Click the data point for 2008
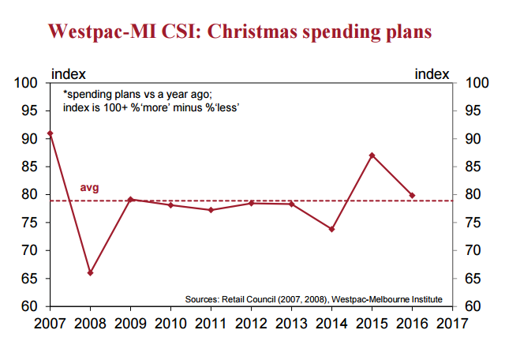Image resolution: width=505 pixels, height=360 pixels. coord(90,272)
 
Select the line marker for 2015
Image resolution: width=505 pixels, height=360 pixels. coord(372,155)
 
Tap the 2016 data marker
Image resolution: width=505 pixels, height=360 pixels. coord(412,195)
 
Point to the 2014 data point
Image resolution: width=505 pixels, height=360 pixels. coord(331,229)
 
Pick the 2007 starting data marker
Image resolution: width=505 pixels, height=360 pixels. coord(50,133)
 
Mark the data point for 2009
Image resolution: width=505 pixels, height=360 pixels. coord(130,200)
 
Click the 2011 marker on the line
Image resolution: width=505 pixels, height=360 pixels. coord(211,210)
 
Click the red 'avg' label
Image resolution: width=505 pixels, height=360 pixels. coord(90,188)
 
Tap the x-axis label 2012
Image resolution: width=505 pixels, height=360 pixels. coord(251,323)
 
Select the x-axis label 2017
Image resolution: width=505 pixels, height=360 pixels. coord(451,323)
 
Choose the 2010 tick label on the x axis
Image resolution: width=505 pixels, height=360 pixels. coord(170,323)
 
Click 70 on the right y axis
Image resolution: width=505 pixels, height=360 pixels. coord(475,250)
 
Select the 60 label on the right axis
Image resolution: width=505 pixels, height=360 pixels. coord(475,306)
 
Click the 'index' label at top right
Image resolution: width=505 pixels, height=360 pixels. coord(431,73)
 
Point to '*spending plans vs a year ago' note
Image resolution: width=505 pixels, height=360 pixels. coord(137,93)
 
